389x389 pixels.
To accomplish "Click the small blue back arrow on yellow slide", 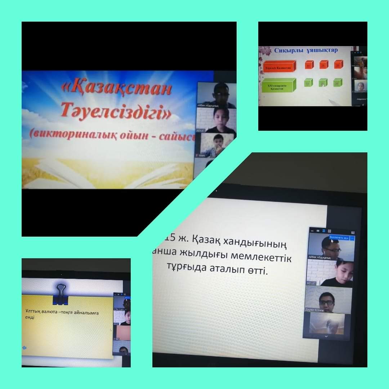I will (x=24, y=348).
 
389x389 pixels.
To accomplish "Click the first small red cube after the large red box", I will (x=309, y=65).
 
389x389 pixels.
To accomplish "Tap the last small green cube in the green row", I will (x=337, y=83).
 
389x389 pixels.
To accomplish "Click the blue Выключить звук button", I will (x=339, y=238).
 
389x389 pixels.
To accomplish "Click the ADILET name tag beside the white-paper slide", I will (x=311, y=283).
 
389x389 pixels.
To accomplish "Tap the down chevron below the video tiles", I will (x=326, y=336).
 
